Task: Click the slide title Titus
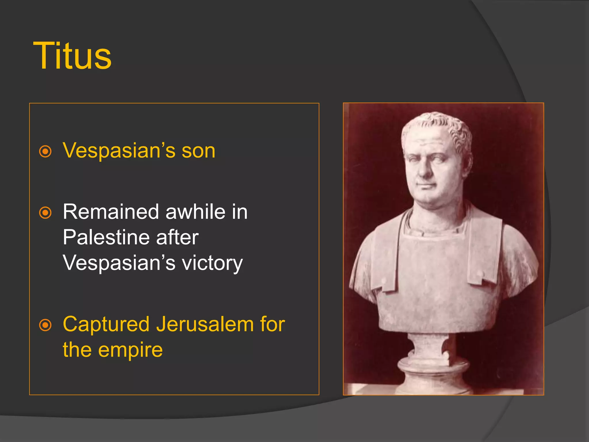click(x=72, y=56)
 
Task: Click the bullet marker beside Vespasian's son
click(x=45, y=151)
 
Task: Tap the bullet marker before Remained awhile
click(x=45, y=213)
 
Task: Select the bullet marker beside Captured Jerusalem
click(x=45, y=325)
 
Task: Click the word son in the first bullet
click(x=198, y=151)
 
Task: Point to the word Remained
click(x=111, y=212)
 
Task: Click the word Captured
click(x=106, y=325)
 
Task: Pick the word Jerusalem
click(x=205, y=324)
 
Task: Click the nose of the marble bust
click(x=425, y=172)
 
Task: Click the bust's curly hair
click(x=443, y=127)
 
